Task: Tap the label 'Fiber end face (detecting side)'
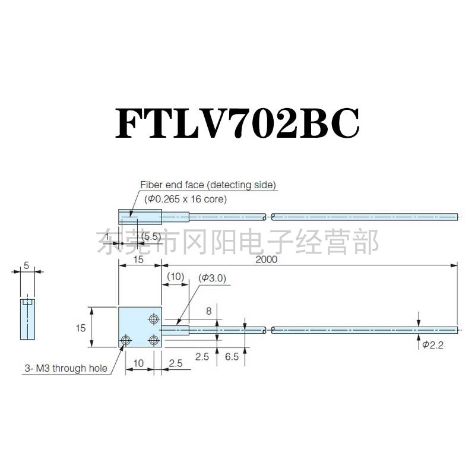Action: tap(208, 185)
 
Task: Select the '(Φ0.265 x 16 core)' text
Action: tap(184, 199)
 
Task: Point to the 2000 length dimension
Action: tap(267, 259)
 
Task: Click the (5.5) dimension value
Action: tap(151, 236)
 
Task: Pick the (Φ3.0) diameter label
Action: tap(213, 277)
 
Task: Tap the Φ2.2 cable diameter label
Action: tap(433, 345)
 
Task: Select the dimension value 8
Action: tap(208, 311)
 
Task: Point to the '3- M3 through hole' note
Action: tap(66, 368)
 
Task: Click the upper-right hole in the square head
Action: tap(154, 320)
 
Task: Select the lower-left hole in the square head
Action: tap(125, 340)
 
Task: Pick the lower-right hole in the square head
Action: tap(154, 340)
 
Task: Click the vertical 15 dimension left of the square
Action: tap(81, 327)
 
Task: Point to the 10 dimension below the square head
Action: tap(138, 362)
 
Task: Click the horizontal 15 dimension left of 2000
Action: tap(139, 259)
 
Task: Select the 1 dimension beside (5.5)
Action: tap(107, 236)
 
